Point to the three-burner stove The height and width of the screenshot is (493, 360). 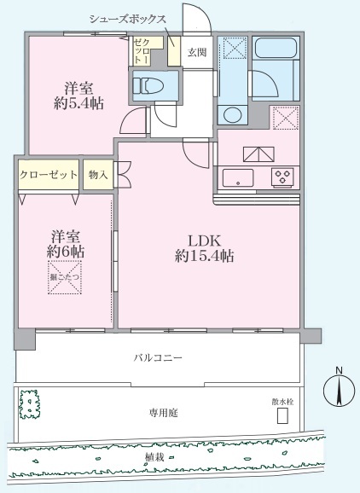pos(282,177)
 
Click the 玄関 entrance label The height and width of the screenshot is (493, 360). pos(196,53)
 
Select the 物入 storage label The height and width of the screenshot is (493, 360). pos(99,175)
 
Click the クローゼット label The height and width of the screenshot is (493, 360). pos(49,175)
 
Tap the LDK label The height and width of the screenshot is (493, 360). pos(205,238)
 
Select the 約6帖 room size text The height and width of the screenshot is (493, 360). pos(65,253)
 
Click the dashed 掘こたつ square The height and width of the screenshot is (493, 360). pos(65,281)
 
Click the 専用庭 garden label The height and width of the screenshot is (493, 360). pos(162,412)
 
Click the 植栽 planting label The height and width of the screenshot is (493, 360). pos(155,461)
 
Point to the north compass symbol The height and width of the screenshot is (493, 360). pos(339,391)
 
